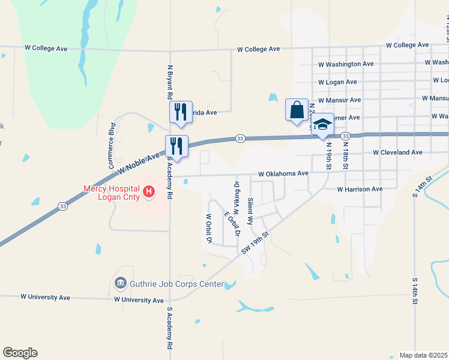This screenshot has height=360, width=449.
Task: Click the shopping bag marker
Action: point(297,110)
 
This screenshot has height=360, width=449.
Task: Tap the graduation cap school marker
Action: point(323,125)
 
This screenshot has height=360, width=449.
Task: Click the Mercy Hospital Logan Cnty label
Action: point(111,192)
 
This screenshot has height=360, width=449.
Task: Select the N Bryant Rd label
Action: point(170,82)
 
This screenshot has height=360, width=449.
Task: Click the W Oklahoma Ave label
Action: point(283,173)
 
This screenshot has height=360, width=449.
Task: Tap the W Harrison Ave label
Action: point(360,189)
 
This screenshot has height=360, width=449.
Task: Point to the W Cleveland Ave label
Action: point(397,152)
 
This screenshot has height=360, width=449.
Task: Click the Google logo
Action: point(20,353)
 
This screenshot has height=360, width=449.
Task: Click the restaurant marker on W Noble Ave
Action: point(176,145)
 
